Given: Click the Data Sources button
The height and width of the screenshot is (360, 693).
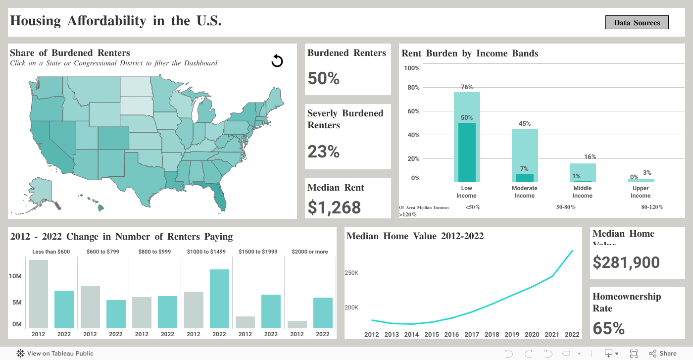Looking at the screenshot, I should [637, 22].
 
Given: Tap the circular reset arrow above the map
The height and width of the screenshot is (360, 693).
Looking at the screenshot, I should [277, 61].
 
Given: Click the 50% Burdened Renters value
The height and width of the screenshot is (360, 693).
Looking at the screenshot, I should [324, 78].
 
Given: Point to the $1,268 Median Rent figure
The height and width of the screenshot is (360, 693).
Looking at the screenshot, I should [334, 207].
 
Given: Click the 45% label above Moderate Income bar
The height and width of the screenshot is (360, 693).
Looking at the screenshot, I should [525, 124].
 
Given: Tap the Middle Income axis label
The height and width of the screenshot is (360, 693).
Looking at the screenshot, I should [583, 192].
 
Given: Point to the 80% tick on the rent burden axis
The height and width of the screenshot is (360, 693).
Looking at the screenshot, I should [413, 88].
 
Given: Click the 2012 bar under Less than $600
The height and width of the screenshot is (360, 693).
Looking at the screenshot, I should [38, 294].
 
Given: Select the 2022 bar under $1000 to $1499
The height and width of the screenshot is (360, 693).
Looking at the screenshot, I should [219, 299].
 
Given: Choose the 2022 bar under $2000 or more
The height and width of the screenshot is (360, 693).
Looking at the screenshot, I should [323, 312].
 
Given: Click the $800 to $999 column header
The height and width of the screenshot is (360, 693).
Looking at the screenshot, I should [154, 252].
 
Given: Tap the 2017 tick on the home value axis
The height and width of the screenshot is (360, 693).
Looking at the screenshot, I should [472, 334].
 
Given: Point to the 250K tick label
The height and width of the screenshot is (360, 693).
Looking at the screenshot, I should [352, 273].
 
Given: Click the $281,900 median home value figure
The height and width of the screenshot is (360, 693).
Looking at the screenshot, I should [626, 262].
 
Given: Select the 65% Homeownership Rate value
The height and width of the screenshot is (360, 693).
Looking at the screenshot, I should [609, 328].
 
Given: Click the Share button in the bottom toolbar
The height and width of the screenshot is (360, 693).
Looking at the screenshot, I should [663, 354].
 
